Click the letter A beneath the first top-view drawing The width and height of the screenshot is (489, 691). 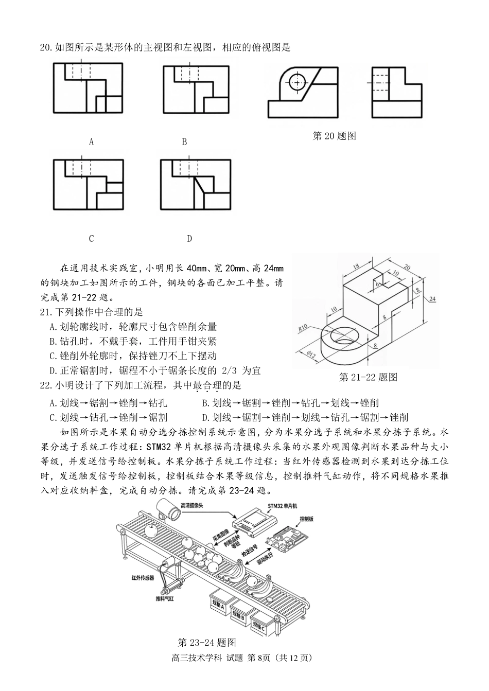pos(91,142)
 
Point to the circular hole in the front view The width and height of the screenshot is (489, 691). pos(297,82)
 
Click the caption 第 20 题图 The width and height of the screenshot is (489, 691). pos(335,136)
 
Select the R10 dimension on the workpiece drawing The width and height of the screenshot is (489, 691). pos(303,328)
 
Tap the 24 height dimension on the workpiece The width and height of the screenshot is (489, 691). pos(432,298)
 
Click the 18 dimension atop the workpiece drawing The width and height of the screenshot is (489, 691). pos(356,265)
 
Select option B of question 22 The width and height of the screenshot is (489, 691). pos(290,403)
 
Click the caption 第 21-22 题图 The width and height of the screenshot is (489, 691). pos(368,377)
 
